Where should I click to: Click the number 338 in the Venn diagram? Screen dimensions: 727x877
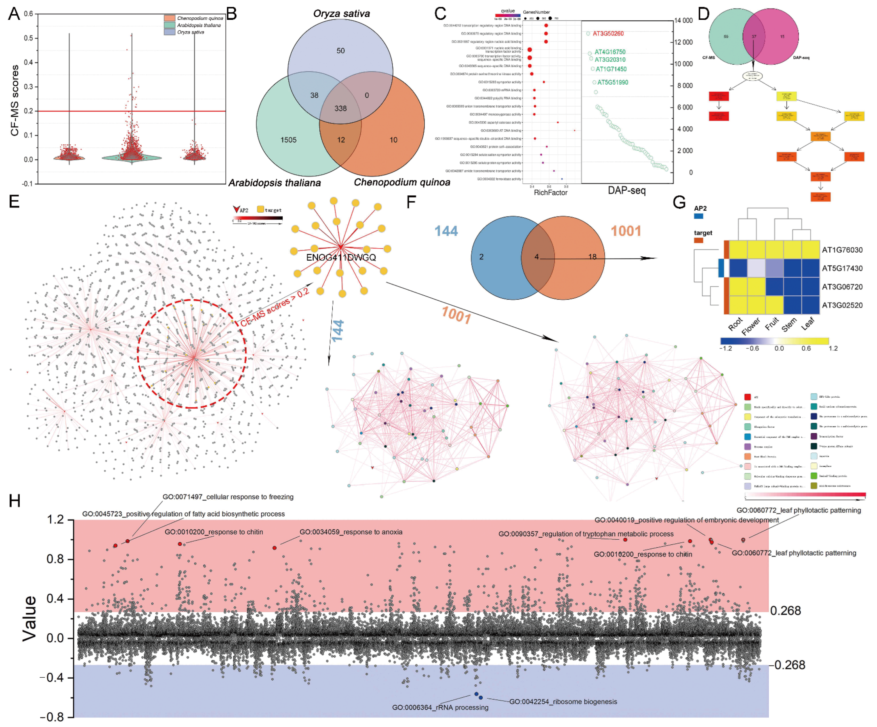click(340, 109)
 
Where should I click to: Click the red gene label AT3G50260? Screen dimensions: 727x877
click(608, 33)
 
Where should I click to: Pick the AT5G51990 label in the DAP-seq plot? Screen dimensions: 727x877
click(613, 82)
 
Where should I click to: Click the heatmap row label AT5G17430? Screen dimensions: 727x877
click(842, 268)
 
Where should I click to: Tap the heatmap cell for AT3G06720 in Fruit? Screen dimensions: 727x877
click(774, 287)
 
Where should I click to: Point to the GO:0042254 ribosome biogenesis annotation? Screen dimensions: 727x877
click(563, 702)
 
